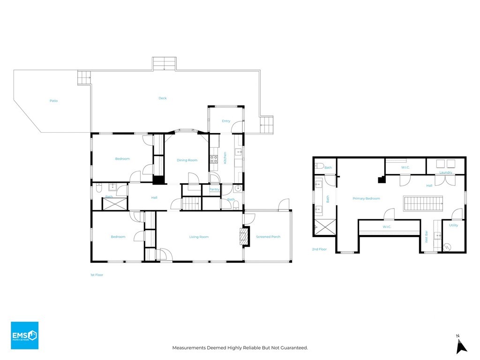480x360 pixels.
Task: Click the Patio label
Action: pyautogui.click(x=54, y=101)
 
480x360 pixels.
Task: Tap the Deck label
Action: pyautogui.click(x=162, y=98)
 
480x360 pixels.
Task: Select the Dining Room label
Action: pyautogui.click(x=187, y=160)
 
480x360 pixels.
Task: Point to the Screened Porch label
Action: pyautogui.click(x=268, y=237)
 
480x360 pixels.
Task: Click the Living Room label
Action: pyautogui.click(x=199, y=237)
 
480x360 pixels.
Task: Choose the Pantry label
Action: pyautogui.click(x=214, y=189)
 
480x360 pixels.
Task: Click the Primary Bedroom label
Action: pyautogui.click(x=366, y=198)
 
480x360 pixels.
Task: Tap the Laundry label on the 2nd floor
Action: pyautogui.click(x=446, y=172)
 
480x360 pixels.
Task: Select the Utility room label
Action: pyautogui.click(x=453, y=225)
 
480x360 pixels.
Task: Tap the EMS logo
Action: pyautogui.click(x=24, y=335)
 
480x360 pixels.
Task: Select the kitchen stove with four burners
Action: pyautogui.click(x=214, y=159)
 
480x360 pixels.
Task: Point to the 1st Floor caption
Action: pyautogui.click(x=97, y=275)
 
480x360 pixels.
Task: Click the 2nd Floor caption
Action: pyautogui.click(x=319, y=249)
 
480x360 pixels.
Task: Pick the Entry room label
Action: pyautogui.click(x=226, y=121)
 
